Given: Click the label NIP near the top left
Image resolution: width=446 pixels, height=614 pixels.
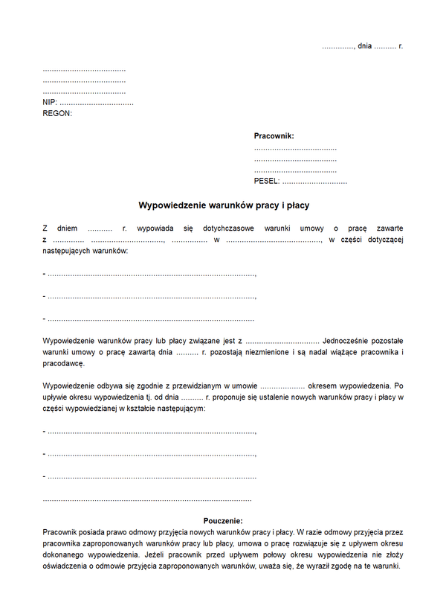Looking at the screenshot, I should coord(49,102).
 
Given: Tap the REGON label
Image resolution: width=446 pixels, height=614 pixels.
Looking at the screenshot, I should coord(57,113).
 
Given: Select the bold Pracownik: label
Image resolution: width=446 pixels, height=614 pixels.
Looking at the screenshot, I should coord(274,136).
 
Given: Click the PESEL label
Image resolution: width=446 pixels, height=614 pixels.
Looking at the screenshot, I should coord(266,182).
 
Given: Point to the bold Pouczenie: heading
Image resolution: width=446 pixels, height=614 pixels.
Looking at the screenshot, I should coord(223,521).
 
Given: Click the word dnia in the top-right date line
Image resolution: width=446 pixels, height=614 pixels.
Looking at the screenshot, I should coord(364,46).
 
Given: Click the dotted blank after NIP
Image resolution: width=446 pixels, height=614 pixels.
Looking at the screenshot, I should coord(97,103).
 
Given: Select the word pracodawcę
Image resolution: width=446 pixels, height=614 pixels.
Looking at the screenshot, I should coord(64,364).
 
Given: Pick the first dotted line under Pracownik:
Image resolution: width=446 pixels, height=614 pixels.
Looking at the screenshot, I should coord(295,149).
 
